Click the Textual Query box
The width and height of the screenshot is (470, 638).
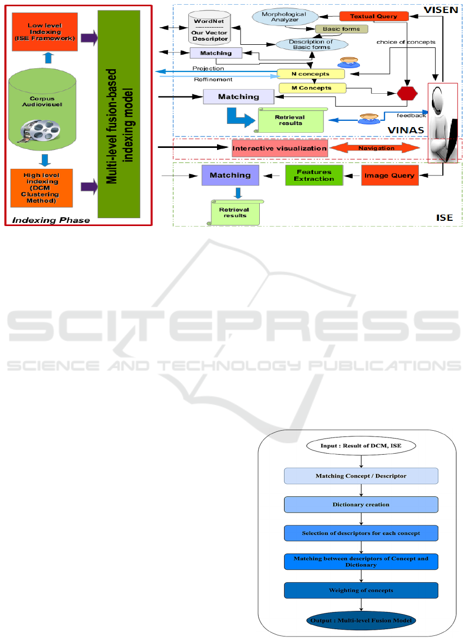[x=373, y=16]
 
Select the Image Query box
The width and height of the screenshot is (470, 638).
[x=390, y=176]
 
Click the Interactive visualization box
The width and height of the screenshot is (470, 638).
[x=280, y=148]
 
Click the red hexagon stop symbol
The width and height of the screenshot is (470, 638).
[x=407, y=93]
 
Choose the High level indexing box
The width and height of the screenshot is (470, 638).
[x=41, y=188]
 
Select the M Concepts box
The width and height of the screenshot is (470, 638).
[x=312, y=88]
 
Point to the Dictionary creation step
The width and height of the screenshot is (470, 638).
[x=361, y=505]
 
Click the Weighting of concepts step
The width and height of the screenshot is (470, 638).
[x=361, y=590]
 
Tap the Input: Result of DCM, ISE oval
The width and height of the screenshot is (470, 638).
[x=361, y=446]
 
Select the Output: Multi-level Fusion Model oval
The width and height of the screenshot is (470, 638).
[x=361, y=620]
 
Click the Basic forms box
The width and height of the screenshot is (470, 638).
[x=342, y=29]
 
